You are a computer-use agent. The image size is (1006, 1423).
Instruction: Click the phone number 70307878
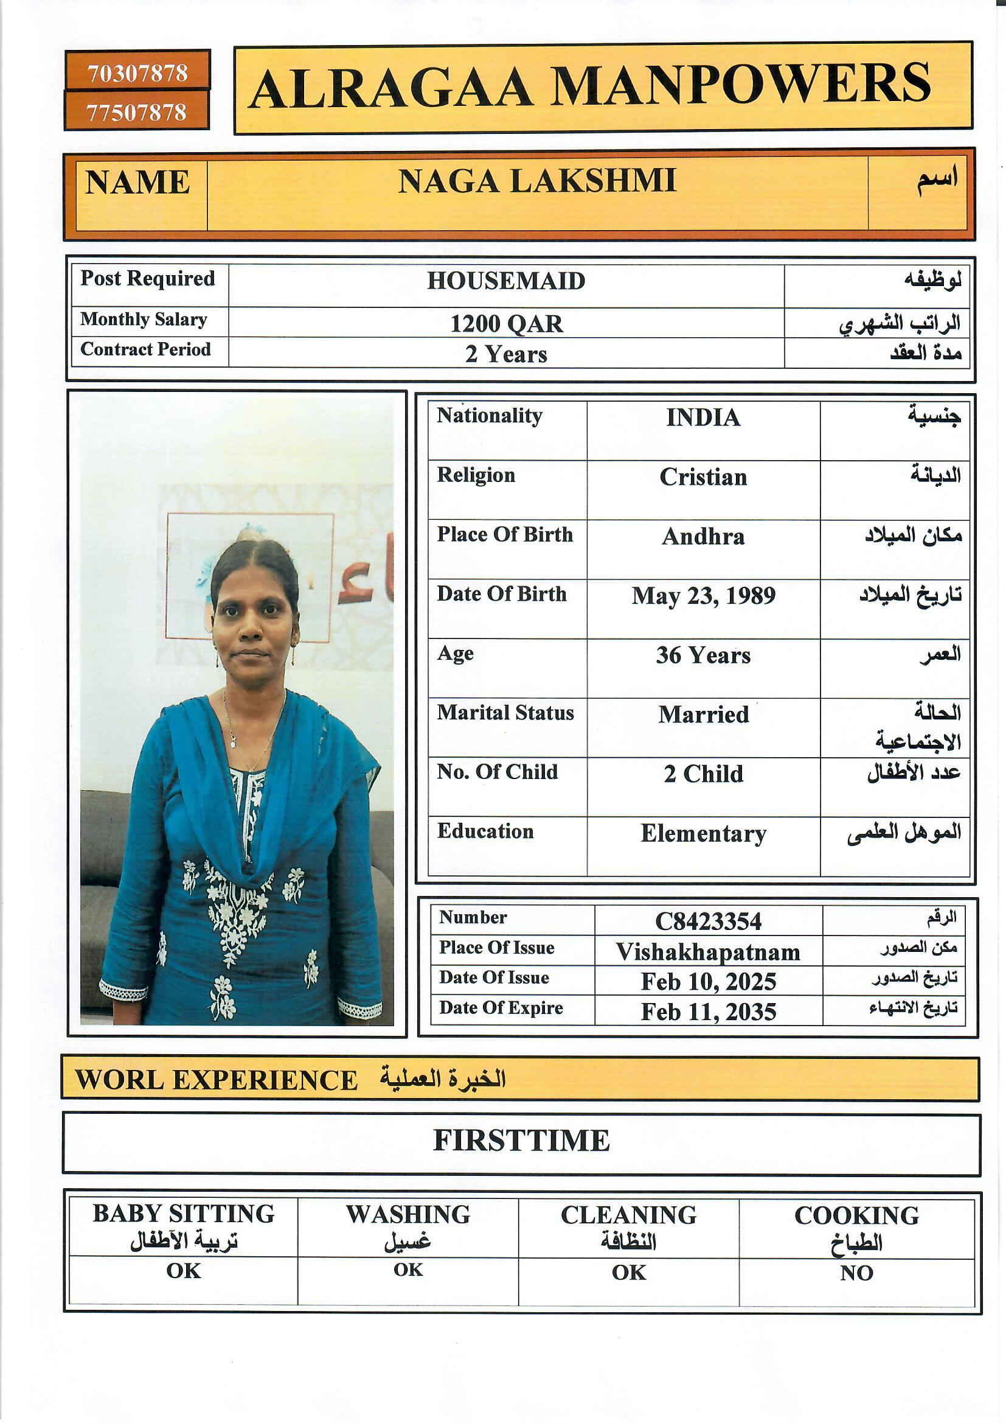click(x=137, y=73)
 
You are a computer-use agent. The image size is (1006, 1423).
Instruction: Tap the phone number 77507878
click(x=136, y=112)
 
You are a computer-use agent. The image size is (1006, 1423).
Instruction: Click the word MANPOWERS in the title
click(x=740, y=85)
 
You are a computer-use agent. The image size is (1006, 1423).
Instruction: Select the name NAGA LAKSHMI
click(x=536, y=181)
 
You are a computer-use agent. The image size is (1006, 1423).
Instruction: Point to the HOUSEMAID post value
click(x=505, y=281)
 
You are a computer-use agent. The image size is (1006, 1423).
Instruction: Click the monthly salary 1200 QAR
click(x=506, y=324)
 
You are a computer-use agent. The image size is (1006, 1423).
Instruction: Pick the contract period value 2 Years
click(x=506, y=354)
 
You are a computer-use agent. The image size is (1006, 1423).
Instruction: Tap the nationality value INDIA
click(x=703, y=418)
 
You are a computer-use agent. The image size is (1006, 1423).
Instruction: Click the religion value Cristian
click(x=703, y=477)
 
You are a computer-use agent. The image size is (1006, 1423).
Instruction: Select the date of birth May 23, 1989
click(x=703, y=596)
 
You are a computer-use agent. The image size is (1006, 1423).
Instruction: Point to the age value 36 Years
click(x=703, y=656)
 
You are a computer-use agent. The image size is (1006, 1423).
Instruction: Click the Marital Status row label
click(x=505, y=713)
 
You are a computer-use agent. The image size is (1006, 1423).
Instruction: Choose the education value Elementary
click(x=703, y=834)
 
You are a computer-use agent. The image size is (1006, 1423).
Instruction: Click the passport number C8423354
click(x=708, y=921)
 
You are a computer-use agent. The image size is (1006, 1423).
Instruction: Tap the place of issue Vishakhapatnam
click(x=708, y=952)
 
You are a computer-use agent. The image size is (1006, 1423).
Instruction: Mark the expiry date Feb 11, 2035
click(x=708, y=1012)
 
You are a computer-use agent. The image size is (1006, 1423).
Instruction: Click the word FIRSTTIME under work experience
click(x=521, y=1141)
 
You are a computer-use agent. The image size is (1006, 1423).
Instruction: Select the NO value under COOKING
click(x=856, y=1273)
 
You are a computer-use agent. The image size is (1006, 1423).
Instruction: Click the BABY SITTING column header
click(x=183, y=1214)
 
